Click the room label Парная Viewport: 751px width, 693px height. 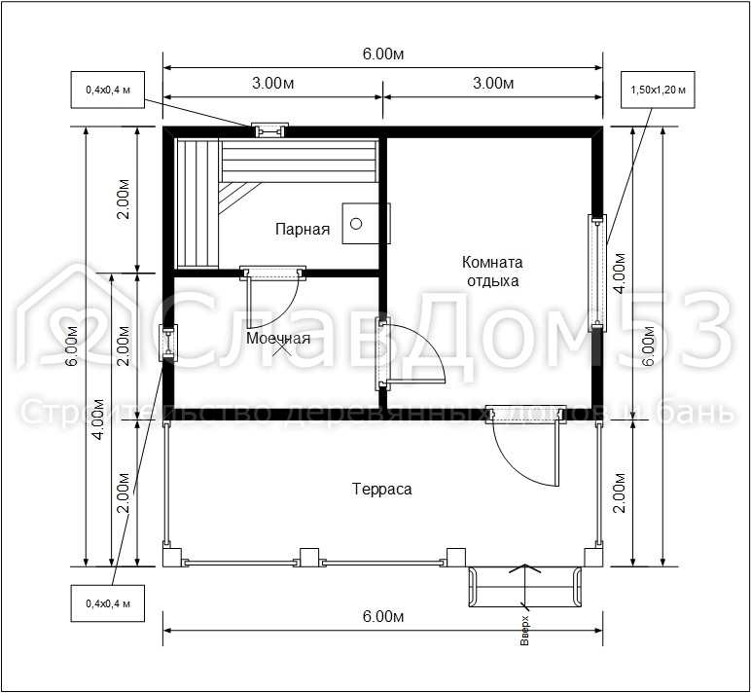click(x=303, y=229)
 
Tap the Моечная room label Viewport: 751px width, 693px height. click(x=278, y=339)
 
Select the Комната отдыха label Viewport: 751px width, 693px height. click(x=492, y=272)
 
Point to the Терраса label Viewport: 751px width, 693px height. click(x=381, y=489)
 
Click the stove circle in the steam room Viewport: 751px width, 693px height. click(x=356, y=223)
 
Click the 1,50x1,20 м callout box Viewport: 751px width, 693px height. click(x=658, y=90)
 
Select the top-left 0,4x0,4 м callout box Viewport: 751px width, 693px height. click(x=108, y=90)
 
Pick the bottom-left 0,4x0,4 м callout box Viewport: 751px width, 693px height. click(x=108, y=603)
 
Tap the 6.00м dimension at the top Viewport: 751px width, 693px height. click(x=383, y=55)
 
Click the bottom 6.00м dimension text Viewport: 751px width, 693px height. click(x=383, y=616)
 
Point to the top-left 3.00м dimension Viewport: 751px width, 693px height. click(x=273, y=84)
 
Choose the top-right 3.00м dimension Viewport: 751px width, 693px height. click(x=493, y=84)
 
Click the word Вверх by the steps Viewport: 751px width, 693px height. click(x=524, y=630)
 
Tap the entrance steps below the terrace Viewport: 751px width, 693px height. click(x=525, y=587)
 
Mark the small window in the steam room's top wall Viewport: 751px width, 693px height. click(x=270, y=130)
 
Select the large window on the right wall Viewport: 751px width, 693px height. click(x=597, y=274)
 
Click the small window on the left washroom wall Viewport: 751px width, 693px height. click(x=168, y=343)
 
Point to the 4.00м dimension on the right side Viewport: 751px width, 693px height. click(x=620, y=274)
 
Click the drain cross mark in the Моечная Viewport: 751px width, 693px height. click(x=281, y=347)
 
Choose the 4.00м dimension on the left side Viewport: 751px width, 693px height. click(x=98, y=419)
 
